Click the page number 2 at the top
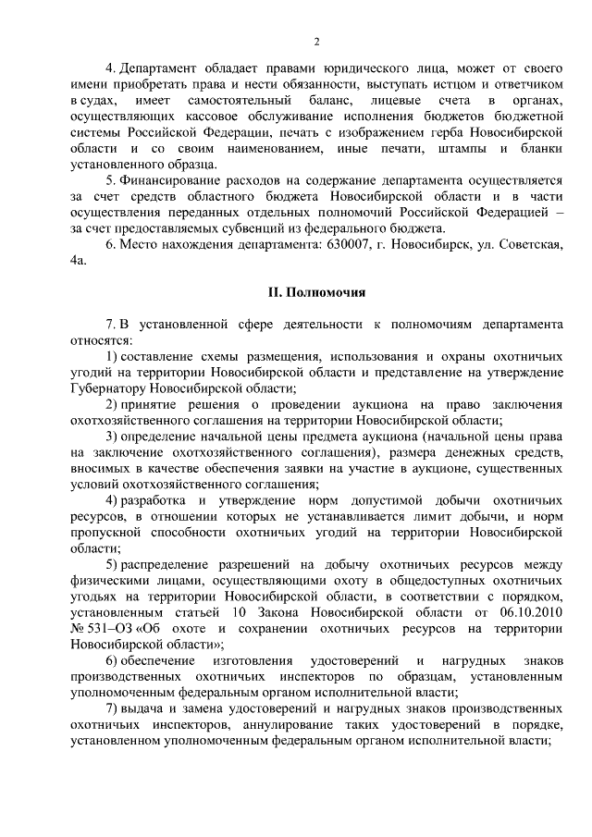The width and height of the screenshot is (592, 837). (x=316, y=42)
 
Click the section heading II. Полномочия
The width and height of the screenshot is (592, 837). (x=316, y=293)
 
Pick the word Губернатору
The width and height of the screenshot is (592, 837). (x=108, y=388)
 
